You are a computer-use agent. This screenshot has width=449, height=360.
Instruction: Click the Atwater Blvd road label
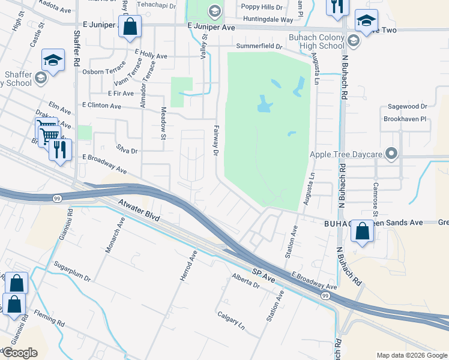(x=139, y=211)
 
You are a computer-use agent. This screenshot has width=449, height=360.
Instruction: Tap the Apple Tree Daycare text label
(x=346, y=155)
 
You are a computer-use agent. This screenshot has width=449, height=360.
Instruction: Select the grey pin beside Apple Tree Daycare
(x=392, y=154)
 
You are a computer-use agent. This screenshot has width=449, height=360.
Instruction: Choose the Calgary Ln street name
(x=232, y=320)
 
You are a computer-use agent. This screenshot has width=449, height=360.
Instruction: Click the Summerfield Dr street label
(x=259, y=46)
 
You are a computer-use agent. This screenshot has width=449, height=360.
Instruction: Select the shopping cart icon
(x=48, y=134)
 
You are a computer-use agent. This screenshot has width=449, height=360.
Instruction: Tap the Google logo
(x=19, y=353)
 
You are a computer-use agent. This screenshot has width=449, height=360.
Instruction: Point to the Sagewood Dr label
(x=406, y=106)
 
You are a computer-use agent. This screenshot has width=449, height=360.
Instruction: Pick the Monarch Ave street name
(x=114, y=235)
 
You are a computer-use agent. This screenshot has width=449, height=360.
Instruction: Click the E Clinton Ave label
(x=101, y=106)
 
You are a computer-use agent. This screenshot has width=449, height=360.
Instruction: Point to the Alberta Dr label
(x=246, y=281)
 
